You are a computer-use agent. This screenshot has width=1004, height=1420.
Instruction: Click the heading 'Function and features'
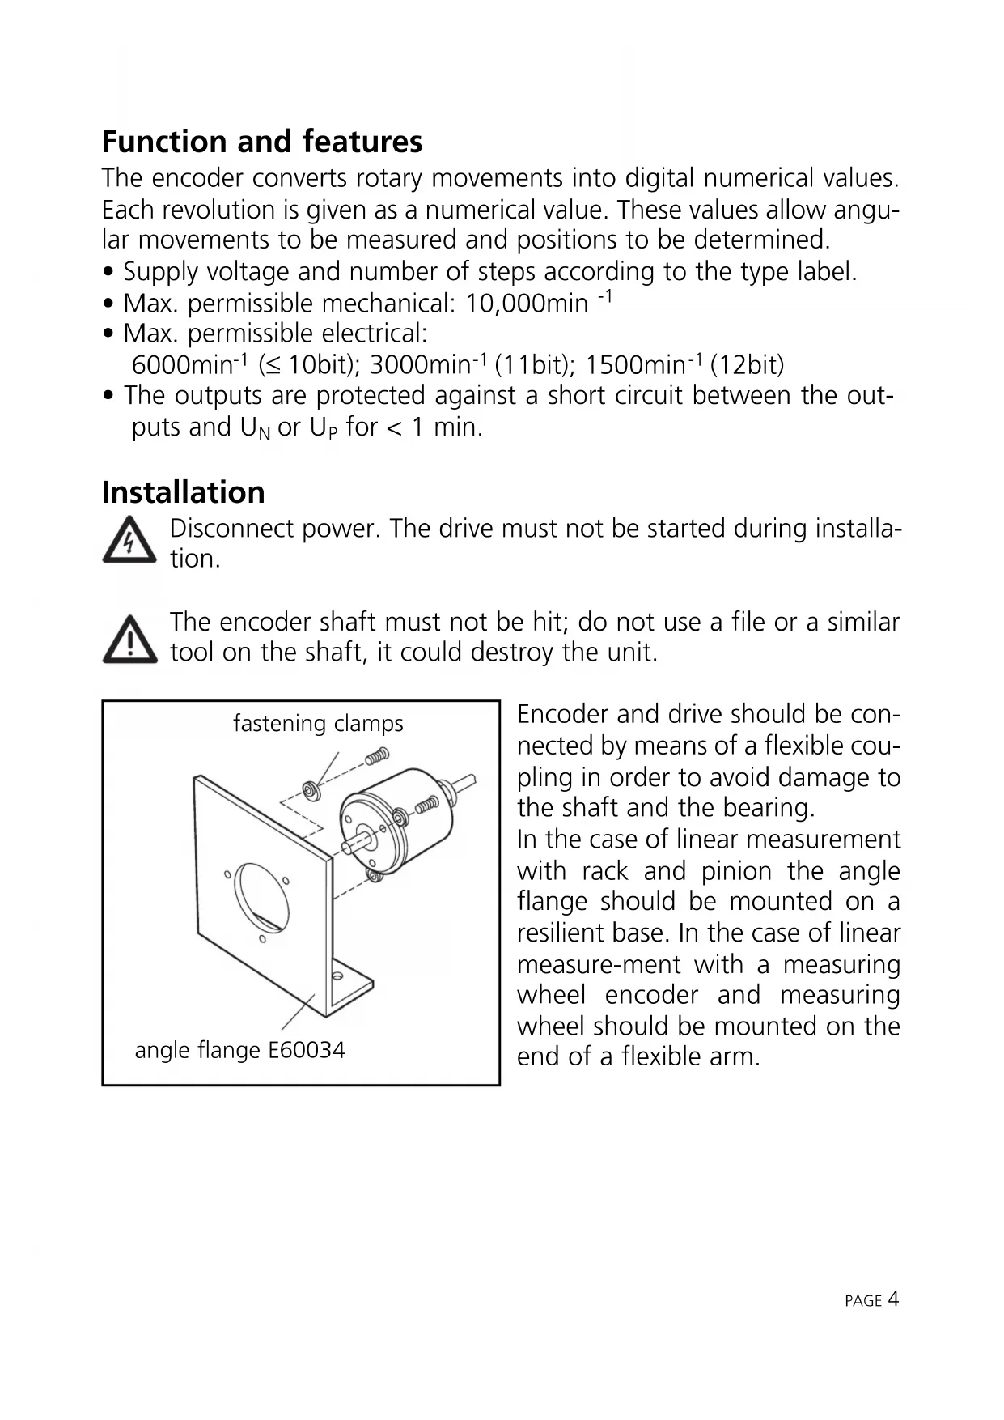click(x=262, y=142)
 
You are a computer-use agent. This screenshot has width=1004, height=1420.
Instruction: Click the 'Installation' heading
click(x=184, y=492)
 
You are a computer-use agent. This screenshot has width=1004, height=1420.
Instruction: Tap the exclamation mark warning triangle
click(x=129, y=640)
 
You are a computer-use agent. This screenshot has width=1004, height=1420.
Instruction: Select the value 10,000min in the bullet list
click(x=527, y=304)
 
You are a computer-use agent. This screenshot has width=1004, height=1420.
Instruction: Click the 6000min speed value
click(x=182, y=365)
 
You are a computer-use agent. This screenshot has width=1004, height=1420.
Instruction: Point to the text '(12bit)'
click(x=747, y=365)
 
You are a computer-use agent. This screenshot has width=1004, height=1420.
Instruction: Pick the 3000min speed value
click(x=420, y=365)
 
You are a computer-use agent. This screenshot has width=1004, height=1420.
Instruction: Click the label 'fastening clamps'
click(x=318, y=723)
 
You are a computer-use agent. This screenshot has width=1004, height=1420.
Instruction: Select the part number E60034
click(x=307, y=1050)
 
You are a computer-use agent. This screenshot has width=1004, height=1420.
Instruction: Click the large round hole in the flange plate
click(x=261, y=898)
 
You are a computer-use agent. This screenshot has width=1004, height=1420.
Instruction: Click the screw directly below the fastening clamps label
click(x=377, y=757)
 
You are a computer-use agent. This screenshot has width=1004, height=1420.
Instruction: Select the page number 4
click(x=893, y=1299)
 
